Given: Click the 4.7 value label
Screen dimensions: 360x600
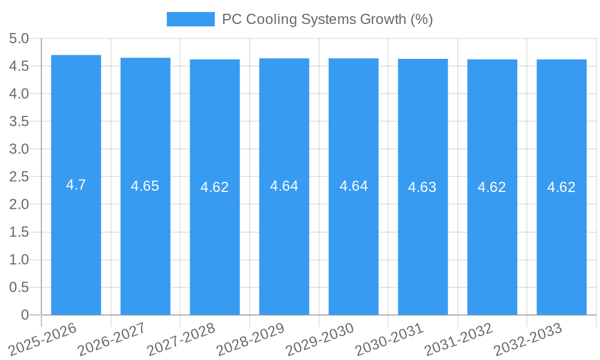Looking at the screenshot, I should pos(76,185).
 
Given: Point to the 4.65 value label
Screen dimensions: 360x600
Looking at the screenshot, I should pos(145,186).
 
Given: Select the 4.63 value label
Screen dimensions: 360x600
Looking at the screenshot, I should pos(422,187).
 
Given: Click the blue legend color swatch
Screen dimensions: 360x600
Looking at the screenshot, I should pos(190,19).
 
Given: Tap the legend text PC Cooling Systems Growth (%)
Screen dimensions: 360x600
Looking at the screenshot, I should pos(327,19).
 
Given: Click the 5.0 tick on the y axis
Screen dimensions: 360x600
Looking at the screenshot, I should pos(19,39).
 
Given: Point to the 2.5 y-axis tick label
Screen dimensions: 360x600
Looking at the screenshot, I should pos(19,177).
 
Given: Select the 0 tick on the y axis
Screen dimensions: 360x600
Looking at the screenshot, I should pos(25,315).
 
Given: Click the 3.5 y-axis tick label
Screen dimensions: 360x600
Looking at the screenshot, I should pos(19,122).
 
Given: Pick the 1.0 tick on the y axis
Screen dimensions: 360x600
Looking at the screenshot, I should pos(19,260).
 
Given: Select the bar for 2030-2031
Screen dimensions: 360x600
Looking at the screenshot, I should pos(422,252).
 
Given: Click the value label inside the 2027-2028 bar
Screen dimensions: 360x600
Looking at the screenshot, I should pos(215,187).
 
